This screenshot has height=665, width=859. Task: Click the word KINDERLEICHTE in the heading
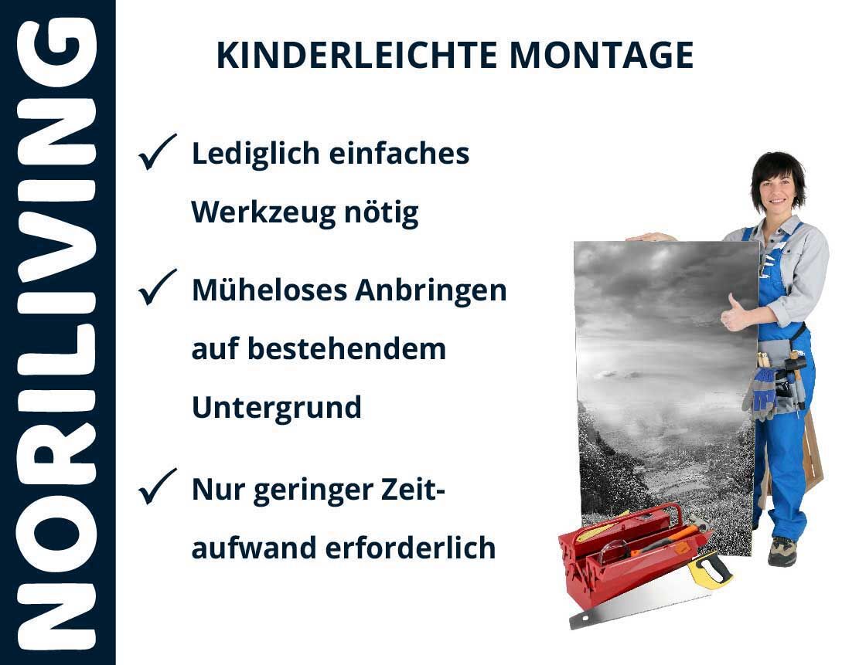[x=356, y=55]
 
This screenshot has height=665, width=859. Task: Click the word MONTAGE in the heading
[x=602, y=55]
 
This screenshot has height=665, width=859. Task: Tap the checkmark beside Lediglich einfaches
[x=157, y=151]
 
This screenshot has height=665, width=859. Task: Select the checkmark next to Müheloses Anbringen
[x=157, y=287]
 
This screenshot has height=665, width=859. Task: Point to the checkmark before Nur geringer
[x=157, y=486]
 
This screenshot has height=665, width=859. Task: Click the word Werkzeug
[x=263, y=213]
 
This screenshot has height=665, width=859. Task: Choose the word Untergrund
[x=277, y=408]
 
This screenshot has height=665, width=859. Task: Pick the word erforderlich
[x=411, y=548]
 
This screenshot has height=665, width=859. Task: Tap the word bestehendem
[x=347, y=348]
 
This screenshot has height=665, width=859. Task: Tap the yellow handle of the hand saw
[x=710, y=569]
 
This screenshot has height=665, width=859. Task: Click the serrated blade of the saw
[x=636, y=609]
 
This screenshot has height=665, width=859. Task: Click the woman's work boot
[x=782, y=551]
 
